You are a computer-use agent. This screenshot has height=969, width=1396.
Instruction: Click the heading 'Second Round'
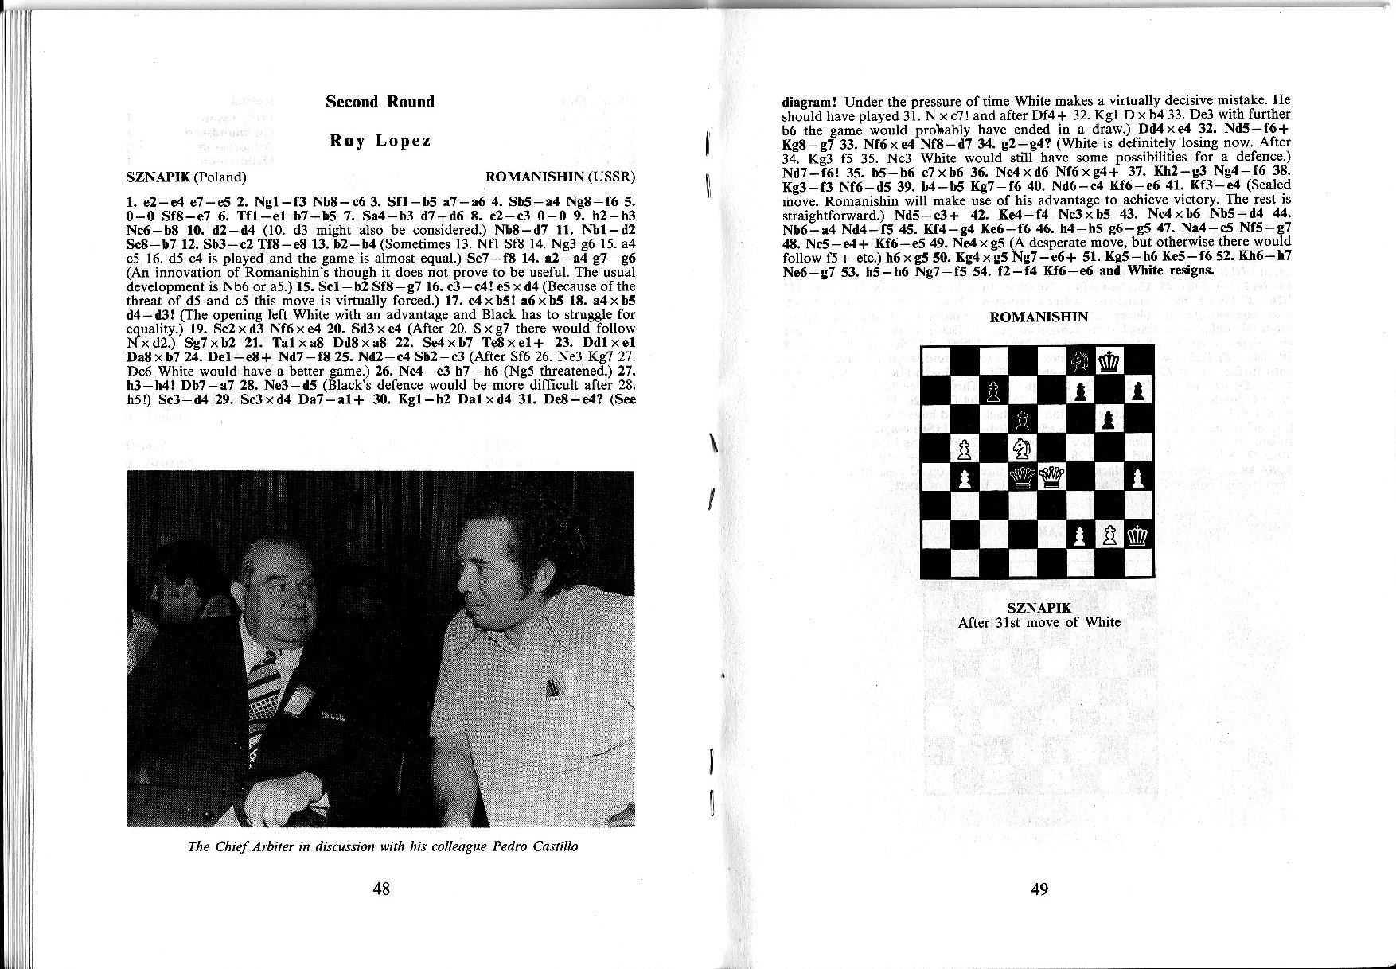tap(380, 102)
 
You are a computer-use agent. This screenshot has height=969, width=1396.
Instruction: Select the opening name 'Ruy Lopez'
tap(380, 141)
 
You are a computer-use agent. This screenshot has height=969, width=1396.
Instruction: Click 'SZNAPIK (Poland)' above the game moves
tap(186, 177)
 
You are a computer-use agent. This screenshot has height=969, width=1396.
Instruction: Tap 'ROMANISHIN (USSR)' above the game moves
tap(560, 177)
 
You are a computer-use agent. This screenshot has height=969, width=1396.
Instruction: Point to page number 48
tap(381, 889)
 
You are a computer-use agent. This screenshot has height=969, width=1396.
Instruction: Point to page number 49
tap(1039, 889)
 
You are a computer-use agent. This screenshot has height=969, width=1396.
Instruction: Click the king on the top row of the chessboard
tap(1109, 362)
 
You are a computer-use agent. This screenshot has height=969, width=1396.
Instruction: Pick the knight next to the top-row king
tap(1080, 362)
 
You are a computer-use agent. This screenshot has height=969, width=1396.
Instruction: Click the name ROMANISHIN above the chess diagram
tap(1038, 317)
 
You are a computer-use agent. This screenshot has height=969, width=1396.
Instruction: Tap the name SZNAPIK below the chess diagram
tap(1039, 608)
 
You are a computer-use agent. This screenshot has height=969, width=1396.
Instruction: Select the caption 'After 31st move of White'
tap(1039, 622)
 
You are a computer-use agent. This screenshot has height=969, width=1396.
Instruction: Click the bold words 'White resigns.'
tap(1170, 270)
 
